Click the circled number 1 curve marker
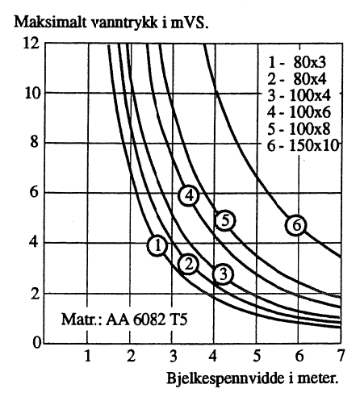click(x=158, y=245)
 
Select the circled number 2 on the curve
click(x=188, y=264)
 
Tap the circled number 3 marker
click(x=223, y=274)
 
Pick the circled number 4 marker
click(x=189, y=195)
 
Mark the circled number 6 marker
click(x=297, y=226)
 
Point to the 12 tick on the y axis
click(x=30, y=43)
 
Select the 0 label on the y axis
click(x=36, y=344)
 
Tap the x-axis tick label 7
click(x=341, y=356)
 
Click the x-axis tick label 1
click(x=87, y=356)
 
